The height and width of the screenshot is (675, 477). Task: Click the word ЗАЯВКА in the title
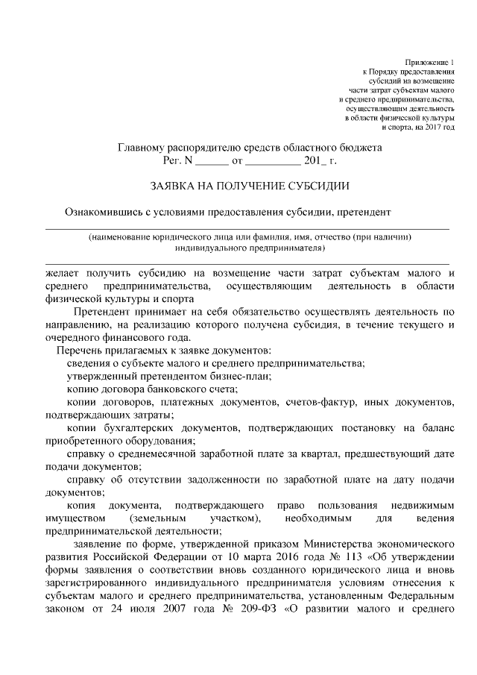click(x=174, y=185)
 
